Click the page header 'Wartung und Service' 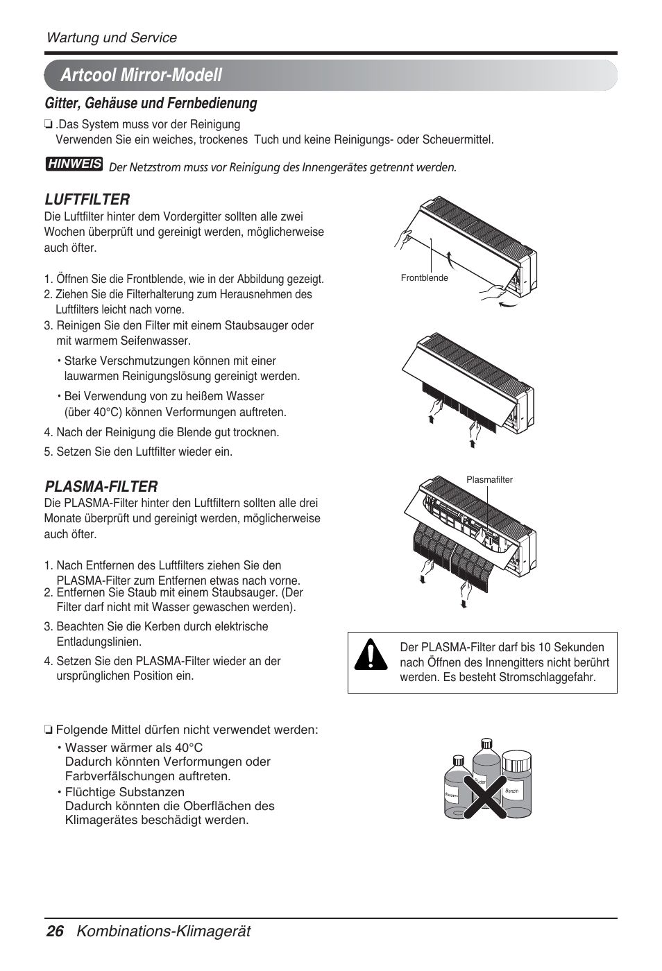coord(111,37)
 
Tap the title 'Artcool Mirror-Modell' coord(141,75)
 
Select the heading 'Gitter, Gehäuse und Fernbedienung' coord(151,103)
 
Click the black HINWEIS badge coord(74,164)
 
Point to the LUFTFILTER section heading coord(87,199)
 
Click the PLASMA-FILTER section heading coord(101,486)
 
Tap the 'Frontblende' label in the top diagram coord(424,278)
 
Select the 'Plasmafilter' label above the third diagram coord(489,479)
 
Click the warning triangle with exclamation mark coord(371,655)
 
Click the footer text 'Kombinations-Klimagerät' coord(164,931)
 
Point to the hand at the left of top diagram coord(403,239)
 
